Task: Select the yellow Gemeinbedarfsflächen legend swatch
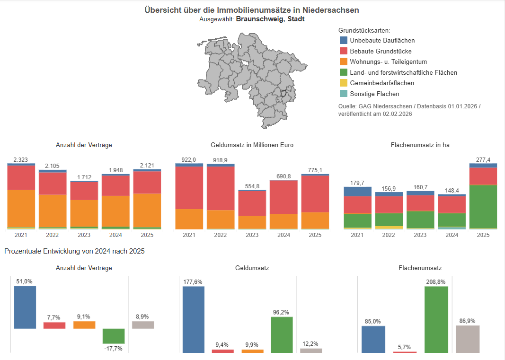[x=344, y=83]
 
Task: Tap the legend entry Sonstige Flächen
[x=374, y=94]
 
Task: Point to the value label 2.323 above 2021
[x=21, y=160]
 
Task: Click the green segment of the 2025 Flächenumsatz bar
[x=483, y=206]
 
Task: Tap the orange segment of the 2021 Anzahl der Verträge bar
[x=21, y=208]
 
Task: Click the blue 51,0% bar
[x=25, y=307]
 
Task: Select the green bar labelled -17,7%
[x=114, y=336]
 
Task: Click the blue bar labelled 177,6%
[x=194, y=319]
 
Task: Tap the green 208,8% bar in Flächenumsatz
[x=436, y=319]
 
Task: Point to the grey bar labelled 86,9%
[x=468, y=339]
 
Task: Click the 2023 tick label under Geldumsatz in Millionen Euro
[x=252, y=235]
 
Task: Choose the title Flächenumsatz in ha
[x=420, y=145]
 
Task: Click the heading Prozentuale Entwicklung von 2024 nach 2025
[x=74, y=251]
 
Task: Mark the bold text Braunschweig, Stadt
[x=270, y=19]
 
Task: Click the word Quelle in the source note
[x=347, y=106]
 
